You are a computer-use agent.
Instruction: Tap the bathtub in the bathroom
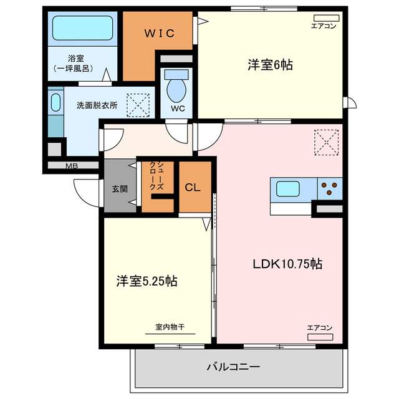(82, 29)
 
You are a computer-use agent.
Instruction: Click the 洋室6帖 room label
(270, 64)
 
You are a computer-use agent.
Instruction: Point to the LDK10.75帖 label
(287, 264)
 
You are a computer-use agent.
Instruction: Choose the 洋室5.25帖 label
(147, 281)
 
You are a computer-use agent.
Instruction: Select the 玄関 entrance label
(120, 188)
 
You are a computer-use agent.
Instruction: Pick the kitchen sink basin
(287, 188)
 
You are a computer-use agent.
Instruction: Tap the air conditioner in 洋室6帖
(324, 17)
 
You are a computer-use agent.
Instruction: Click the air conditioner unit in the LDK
(319, 337)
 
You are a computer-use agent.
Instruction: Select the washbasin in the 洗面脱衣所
(55, 102)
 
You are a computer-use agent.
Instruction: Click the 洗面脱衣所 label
(97, 105)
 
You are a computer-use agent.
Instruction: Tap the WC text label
(176, 108)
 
